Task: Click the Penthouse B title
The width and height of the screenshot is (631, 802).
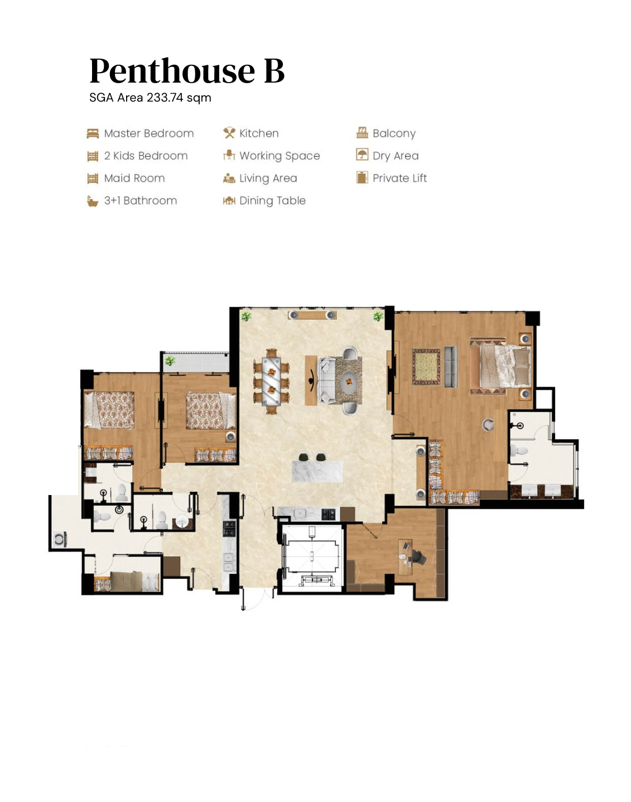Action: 187,71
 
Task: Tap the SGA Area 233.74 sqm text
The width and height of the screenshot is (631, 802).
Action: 150,98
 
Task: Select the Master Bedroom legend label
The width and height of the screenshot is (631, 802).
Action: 149,133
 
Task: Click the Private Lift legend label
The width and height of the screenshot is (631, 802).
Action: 399,178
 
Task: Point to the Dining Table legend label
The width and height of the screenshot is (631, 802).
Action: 272,200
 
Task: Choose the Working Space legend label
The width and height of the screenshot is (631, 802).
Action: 280,156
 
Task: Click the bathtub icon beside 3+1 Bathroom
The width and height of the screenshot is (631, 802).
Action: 93,201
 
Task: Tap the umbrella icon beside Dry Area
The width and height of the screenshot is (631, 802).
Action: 362,155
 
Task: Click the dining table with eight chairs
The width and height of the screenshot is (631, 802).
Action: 272,381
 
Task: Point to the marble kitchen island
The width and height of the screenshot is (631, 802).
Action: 317,472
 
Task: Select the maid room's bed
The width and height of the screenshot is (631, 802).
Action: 127,582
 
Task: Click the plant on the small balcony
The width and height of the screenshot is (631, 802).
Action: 170,361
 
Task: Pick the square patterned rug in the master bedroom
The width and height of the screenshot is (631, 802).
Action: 426,366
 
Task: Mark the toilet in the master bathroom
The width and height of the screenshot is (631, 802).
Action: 518,450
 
